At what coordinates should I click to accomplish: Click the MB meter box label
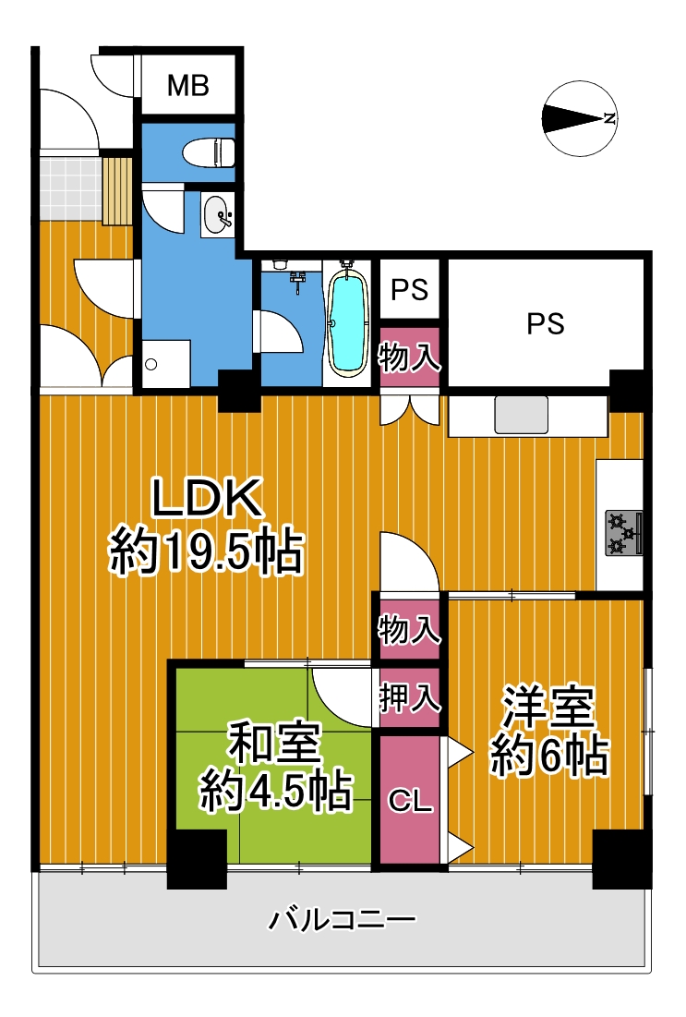point(188,85)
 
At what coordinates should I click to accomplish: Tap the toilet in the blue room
point(209,153)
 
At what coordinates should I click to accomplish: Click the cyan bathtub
point(348,322)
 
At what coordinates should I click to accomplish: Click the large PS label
point(545,323)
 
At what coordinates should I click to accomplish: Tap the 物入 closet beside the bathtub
point(410,357)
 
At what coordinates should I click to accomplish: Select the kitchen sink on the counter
point(522,415)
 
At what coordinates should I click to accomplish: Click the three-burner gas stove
point(624,533)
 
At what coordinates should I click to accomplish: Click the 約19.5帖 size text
point(206,552)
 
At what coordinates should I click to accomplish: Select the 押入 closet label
point(410,698)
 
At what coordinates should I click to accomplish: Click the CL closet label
point(410,802)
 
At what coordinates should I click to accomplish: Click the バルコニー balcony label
point(343,920)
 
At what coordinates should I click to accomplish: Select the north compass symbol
point(579,118)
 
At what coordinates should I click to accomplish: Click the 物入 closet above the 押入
point(410,630)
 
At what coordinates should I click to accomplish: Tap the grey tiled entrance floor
point(70,186)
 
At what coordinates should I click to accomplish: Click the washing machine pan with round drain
point(166,364)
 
